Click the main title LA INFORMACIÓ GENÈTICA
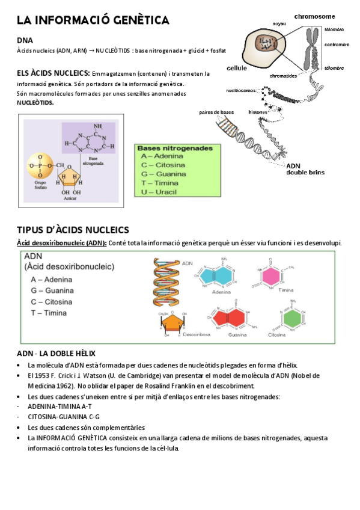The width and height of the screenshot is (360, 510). point(93,20)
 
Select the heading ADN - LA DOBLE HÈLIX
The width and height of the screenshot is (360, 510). point(56,353)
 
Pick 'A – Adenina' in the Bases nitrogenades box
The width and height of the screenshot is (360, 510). point(162,156)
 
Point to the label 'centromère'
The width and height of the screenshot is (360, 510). point(337,45)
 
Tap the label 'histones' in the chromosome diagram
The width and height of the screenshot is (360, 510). point(258,112)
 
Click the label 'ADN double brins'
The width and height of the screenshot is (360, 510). point(305,169)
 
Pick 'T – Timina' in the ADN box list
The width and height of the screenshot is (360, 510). point(49,313)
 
